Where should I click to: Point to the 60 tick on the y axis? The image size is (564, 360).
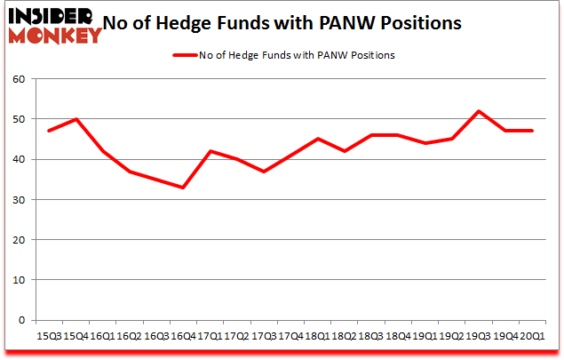tap(20, 79)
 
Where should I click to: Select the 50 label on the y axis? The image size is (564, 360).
tap(20, 119)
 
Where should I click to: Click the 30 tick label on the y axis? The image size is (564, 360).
tap(20, 200)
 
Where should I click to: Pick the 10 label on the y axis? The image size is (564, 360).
tap(20, 280)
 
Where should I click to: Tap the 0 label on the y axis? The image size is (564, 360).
tap(23, 320)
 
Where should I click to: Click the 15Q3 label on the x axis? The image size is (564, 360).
tap(50, 337)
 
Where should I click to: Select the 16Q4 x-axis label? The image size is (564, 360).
tap(183, 337)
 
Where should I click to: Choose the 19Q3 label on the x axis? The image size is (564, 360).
tap(478, 337)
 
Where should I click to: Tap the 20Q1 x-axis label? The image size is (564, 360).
tap(531, 337)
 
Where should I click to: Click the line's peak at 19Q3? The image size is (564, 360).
tap(479, 111)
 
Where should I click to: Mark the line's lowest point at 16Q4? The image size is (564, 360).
tap(183, 188)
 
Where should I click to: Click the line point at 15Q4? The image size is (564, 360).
tap(76, 119)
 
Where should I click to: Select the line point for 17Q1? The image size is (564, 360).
tap(210, 151)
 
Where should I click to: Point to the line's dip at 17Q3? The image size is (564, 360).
tap(263, 172)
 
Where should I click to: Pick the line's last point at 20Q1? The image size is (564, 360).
tap(531, 131)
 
